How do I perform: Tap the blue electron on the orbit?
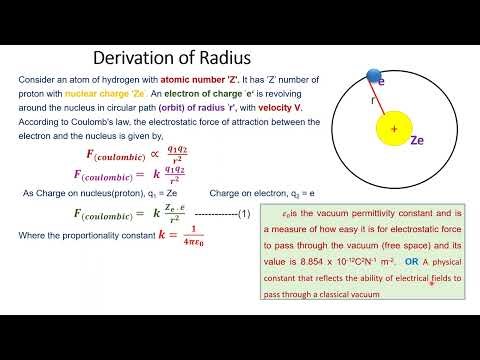point(374,76)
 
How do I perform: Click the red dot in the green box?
point(431,283)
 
